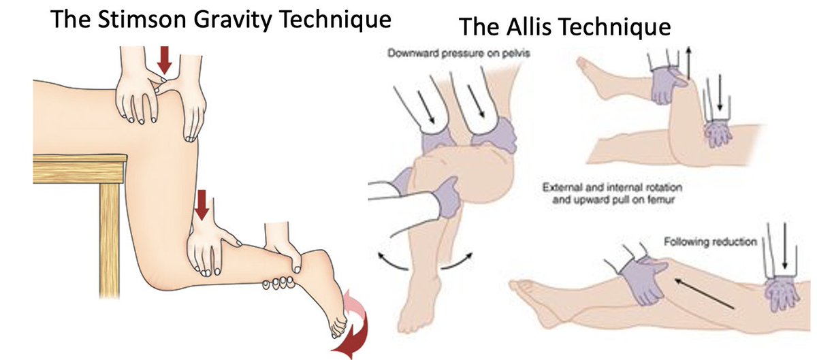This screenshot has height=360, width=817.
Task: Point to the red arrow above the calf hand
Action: click(x=202, y=204)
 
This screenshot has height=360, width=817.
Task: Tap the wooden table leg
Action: click(x=110, y=231)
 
